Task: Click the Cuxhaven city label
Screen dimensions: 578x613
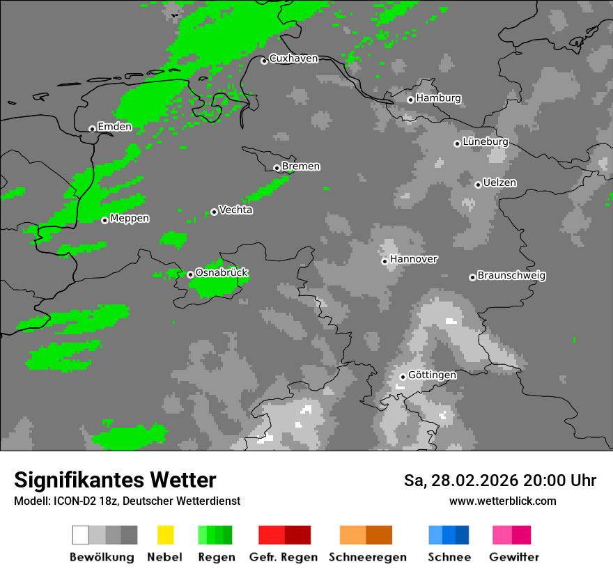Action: pos(293,58)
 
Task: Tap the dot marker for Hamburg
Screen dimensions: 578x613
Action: pos(410,100)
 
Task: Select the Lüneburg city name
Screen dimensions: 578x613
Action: pos(486,142)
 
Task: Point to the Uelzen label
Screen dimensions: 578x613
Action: pos(499,183)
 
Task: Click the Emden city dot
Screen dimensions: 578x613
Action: pos(92,129)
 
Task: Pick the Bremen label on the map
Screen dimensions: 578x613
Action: pos(301,166)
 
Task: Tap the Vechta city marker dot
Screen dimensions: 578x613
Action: pos(214,212)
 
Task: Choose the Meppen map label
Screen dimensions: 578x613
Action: pos(130,219)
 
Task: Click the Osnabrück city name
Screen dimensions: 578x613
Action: pos(222,273)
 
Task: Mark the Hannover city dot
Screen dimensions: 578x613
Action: pos(385,261)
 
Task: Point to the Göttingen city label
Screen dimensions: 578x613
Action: pos(432,375)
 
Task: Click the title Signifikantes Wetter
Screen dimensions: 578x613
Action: pos(115,481)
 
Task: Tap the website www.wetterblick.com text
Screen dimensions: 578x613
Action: pos(502,501)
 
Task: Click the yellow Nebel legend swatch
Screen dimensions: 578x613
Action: pos(165,535)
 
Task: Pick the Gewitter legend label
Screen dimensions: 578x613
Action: pos(513,557)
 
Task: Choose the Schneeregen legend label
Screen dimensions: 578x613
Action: pos(367,557)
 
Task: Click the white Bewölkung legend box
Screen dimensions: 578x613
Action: pos(81,535)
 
